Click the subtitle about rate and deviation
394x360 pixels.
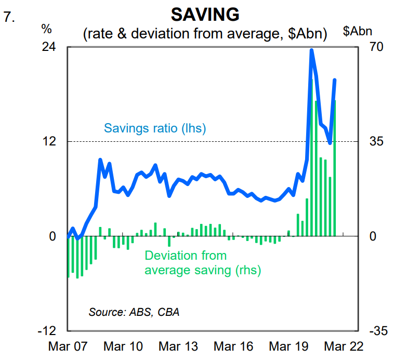[x=205, y=34]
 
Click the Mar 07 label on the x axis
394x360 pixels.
[x=68, y=346]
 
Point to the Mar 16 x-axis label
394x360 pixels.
[x=233, y=346]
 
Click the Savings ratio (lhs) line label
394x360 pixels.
[x=155, y=128]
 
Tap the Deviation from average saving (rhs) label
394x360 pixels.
[x=203, y=263]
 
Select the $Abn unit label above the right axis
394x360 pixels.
[x=358, y=31]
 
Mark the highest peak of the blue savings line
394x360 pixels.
[x=311, y=50]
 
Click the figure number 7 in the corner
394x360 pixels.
[x=8, y=17]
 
